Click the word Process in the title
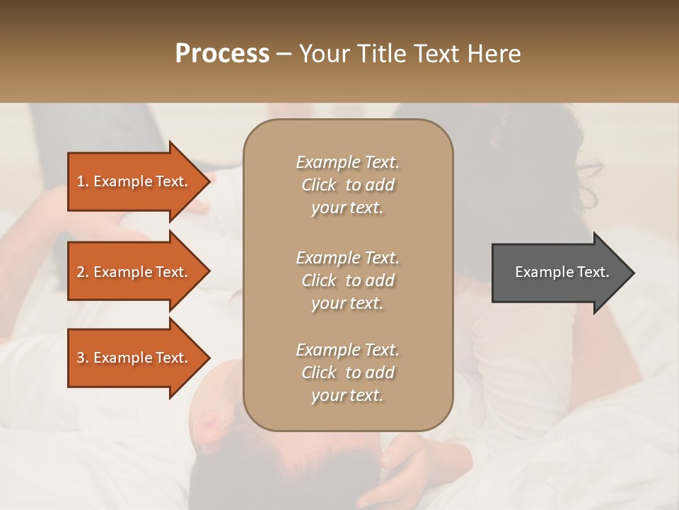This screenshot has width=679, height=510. click(x=222, y=54)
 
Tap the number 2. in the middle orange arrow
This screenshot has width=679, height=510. click(x=83, y=272)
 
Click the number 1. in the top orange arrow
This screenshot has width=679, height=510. click(x=83, y=181)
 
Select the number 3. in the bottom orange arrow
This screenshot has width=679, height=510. click(x=83, y=358)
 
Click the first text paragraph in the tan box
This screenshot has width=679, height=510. click(x=347, y=185)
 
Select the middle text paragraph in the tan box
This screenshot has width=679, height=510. click(x=347, y=280)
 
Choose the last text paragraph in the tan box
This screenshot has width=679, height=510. click(x=347, y=373)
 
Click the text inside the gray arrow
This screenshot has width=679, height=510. click(x=562, y=272)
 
